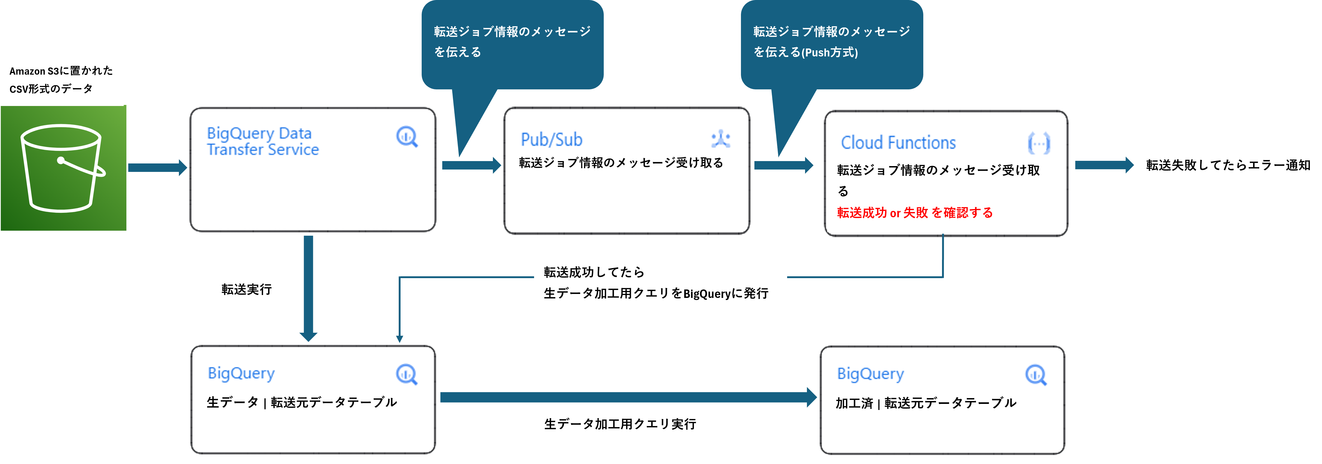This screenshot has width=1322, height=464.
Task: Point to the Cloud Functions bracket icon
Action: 1039,143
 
